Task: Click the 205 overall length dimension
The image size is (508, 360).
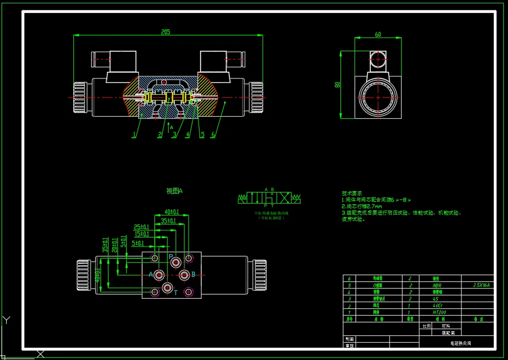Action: pyautogui.click(x=165, y=32)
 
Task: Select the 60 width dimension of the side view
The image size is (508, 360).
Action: pyautogui.click(x=378, y=35)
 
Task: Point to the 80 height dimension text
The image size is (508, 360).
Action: pyautogui.click(x=338, y=84)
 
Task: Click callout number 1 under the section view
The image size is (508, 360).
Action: pyautogui.click(x=134, y=135)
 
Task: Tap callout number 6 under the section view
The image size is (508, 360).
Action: pyautogui.click(x=213, y=135)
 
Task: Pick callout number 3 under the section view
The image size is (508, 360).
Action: pyautogui.click(x=174, y=135)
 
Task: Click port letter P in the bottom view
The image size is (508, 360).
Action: pyautogui.click(x=171, y=256)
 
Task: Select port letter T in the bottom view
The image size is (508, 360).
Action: pyautogui.click(x=176, y=292)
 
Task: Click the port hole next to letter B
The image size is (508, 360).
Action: pyautogui.click(x=184, y=274)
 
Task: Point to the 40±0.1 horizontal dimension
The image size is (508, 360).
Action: pyautogui.click(x=172, y=212)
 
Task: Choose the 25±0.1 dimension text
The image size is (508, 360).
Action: pyautogui.click(x=141, y=227)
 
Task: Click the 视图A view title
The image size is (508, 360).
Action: pyautogui.click(x=174, y=192)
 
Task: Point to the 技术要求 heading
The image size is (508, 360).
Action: pyautogui.click(x=352, y=193)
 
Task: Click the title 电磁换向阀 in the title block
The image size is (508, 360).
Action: pyautogui.click(x=461, y=343)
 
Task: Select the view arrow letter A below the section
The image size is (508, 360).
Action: pyautogui.click(x=171, y=127)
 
